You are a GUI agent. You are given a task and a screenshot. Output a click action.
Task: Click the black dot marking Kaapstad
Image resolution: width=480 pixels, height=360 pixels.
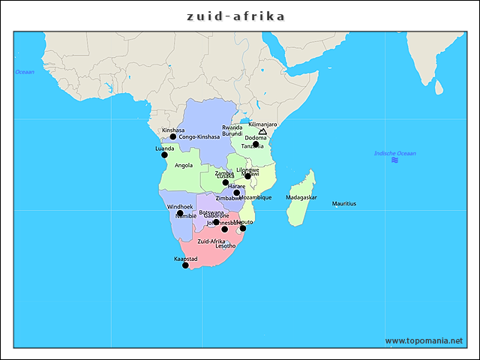pos(185,265)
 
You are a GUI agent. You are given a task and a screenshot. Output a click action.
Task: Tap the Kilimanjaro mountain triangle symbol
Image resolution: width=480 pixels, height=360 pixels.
pos(262,131)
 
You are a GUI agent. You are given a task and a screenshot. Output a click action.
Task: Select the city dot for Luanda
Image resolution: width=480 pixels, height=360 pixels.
pos(164,155)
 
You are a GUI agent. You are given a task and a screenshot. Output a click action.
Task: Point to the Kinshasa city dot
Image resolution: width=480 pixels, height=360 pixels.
pos(172,136)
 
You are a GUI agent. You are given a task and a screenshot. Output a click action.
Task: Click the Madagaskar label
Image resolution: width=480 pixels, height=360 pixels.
pos(301,197)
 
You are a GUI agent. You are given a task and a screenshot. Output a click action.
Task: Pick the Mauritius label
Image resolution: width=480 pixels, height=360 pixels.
pos(343,203)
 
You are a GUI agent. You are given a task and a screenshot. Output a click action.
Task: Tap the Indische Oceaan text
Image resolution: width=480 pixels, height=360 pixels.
pos(394,153)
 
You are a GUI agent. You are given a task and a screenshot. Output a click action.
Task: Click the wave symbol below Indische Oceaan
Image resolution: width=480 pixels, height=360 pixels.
pos(394,160)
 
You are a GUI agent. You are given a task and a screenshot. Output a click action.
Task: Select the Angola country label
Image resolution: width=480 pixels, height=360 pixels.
pos(184,165)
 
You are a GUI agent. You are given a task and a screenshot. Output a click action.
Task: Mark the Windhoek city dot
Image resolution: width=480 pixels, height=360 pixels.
pos(180,213)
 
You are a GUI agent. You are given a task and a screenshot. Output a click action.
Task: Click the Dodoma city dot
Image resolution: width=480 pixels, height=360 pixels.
pos(256,144)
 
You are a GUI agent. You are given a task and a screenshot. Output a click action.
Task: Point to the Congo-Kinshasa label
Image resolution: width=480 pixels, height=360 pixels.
pos(199,137)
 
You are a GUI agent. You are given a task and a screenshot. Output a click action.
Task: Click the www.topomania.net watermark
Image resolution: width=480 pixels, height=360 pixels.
pos(424,340)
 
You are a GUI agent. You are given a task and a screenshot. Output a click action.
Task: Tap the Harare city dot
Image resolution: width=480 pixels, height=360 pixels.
pos(236,193)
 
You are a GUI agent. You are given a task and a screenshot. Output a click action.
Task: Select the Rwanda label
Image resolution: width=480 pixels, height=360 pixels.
pos(232,127)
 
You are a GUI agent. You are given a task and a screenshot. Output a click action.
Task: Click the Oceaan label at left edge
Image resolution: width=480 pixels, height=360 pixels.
pos(25,72)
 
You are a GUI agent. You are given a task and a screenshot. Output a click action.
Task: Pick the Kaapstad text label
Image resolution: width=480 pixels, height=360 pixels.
pos(185,258)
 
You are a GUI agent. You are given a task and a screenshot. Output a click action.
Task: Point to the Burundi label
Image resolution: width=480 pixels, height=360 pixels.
pos(232,133)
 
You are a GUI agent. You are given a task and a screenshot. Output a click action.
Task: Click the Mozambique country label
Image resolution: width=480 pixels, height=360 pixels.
pos(255,197)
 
